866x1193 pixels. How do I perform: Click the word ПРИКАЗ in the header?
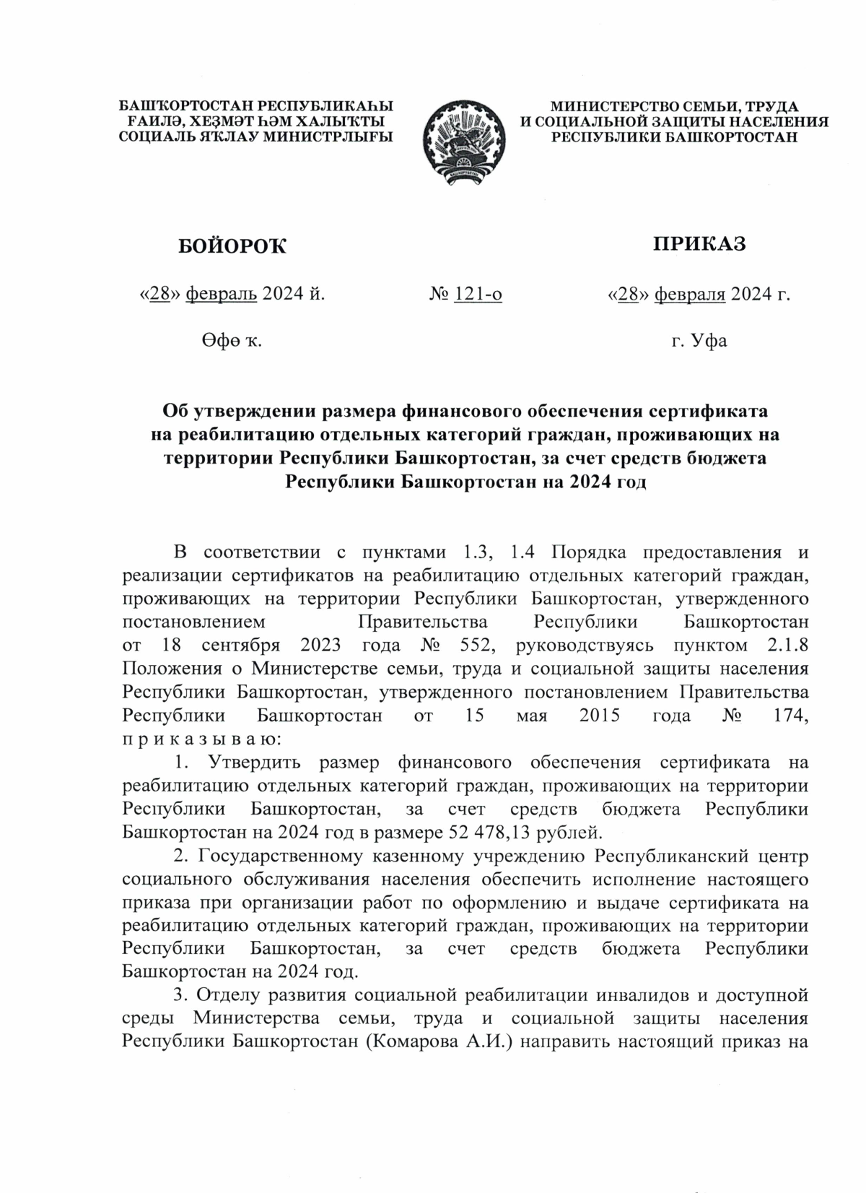pos(699,244)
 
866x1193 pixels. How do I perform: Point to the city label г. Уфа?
pos(699,340)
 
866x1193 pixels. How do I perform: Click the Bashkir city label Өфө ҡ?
pos(231,340)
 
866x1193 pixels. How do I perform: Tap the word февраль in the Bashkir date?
pos(222,294)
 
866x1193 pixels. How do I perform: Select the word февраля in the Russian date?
pos(689,294)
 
